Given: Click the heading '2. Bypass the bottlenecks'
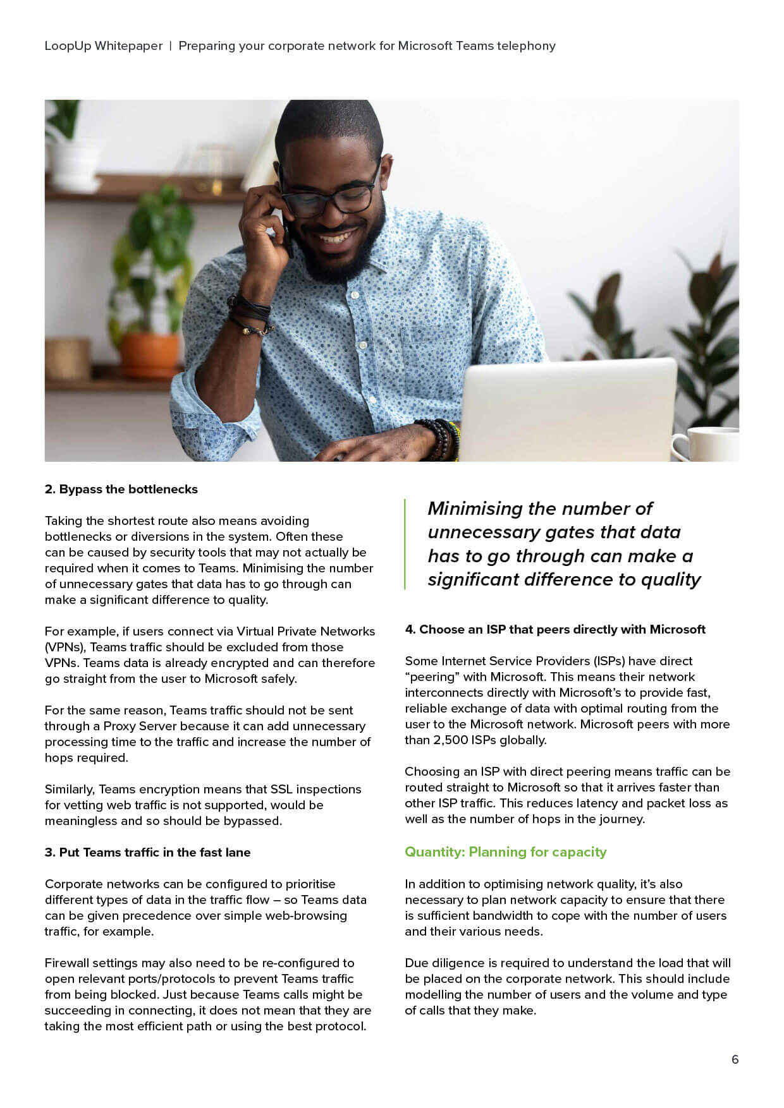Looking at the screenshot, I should [121, 490].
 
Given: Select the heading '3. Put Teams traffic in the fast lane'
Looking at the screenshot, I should [147, 853].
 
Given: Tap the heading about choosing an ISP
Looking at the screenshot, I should [555, 630].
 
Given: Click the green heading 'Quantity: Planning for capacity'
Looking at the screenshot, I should [505, 852].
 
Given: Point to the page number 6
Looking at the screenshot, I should [735, 1059].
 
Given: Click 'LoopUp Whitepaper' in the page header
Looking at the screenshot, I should [104, 46].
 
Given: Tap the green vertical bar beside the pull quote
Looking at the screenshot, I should [405, 544].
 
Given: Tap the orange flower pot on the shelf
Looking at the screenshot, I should [150, 354].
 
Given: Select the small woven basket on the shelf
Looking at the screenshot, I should [67, 358].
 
